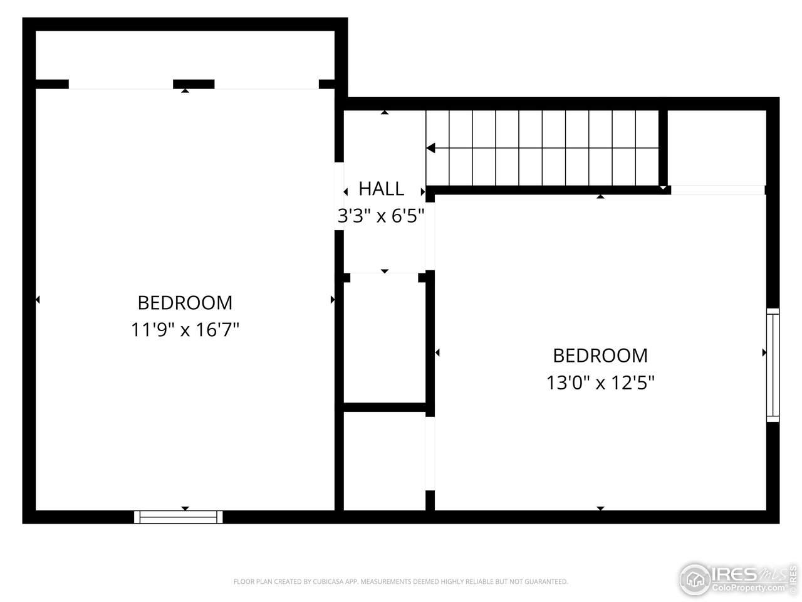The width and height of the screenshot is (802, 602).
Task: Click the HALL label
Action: (x=381, y=189)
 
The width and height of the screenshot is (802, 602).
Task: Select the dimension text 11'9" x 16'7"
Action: (x=185, y=330)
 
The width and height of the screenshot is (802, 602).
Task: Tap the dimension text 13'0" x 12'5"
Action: (x=600, y=383)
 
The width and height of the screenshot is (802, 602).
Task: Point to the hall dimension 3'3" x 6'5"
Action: (x=381, y=216)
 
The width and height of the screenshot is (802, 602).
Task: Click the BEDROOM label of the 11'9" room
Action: (x=185, y=303)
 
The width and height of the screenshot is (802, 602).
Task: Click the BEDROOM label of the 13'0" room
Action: (x=600, y=356)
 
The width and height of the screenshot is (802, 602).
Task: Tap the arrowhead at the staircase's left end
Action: (x=431, y=148)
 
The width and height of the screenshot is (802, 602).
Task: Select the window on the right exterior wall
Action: (x=773, y=365)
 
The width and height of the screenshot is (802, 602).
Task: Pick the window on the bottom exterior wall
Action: (x=179, y=517)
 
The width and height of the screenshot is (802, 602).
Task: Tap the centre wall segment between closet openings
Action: (x=194, y=84)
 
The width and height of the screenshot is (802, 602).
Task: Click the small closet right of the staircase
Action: (x=717, y=147)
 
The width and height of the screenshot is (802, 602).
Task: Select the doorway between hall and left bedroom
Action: (x=339, y=196)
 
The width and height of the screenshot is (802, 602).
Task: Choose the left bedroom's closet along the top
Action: (x=185, y=55)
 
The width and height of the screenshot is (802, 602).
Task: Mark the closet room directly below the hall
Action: (x=384, y=339)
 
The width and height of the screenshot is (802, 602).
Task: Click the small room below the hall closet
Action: (x=384, y=461)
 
